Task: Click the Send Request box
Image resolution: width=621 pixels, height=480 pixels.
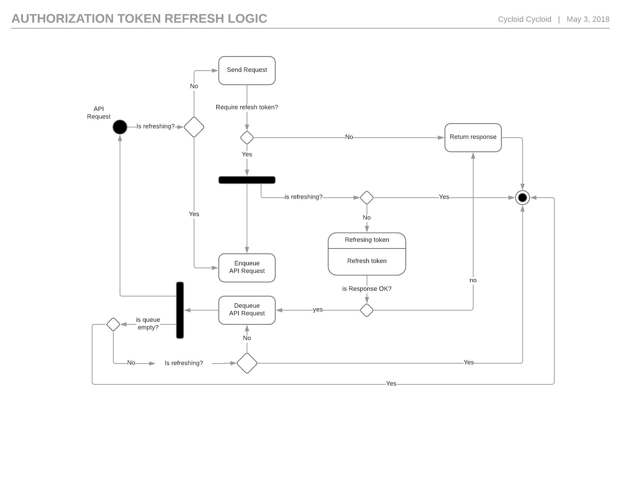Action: (247, 70)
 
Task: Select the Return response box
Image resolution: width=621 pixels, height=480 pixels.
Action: (473, 137)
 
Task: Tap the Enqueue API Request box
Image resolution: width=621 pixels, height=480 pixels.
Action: (247, 268)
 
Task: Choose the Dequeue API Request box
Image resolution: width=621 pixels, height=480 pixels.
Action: (247, 310)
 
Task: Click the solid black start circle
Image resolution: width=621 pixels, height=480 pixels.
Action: (120, 127)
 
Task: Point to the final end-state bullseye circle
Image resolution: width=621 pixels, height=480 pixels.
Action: (522, 197)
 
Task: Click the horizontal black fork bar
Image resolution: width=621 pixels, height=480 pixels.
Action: (247, 180)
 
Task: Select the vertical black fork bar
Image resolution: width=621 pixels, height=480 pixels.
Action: (180, 310)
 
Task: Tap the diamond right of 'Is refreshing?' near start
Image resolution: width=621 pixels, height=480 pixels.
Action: (194, 127)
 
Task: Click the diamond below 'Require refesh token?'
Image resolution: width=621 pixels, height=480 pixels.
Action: (247, 138)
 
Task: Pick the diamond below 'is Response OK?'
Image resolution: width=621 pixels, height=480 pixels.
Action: (367, 310)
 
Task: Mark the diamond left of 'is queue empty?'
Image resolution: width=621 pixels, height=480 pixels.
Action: (113, 324)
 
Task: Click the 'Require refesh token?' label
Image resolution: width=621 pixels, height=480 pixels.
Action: (247, 107)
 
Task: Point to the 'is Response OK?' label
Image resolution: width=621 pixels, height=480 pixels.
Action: (367, 289)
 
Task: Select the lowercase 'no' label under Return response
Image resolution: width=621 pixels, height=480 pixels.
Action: (473, 280)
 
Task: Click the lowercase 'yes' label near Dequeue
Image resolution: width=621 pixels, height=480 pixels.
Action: (318, 310)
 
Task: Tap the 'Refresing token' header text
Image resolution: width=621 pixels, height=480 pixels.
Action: (367, 240)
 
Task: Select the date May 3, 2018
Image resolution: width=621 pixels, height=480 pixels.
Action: (588, 19)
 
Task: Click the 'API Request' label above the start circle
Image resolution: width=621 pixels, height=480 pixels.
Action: (99, 113)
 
